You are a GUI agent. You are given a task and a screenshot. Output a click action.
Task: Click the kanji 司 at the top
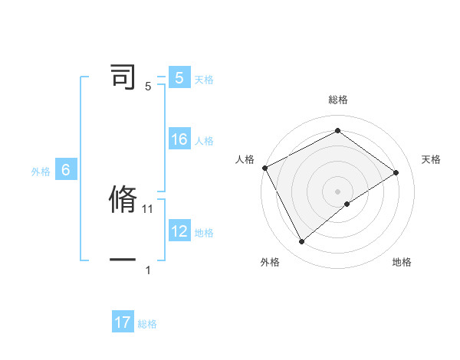click(x=123, y=77)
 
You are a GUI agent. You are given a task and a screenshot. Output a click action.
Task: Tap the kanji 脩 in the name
click(x=123, y=199)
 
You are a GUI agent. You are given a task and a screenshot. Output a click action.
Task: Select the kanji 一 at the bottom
click(x=123, y=260)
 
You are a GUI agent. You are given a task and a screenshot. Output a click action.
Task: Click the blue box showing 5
click(x=179, y=78)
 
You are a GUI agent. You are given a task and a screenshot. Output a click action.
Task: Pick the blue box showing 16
click(x=179, y=139)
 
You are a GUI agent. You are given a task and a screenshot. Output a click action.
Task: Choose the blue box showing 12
click(x=179, y=231)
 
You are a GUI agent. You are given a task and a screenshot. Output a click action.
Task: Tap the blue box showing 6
click(x=66, y=170)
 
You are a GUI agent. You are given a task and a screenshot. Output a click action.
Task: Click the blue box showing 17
click(x=123, y=322)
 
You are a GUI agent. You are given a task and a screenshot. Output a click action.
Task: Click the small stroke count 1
click(x=148, y=270)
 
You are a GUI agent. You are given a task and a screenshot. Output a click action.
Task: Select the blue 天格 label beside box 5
click(x=204, y=80)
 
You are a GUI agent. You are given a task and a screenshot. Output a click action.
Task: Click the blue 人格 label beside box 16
click(x=204, y=141)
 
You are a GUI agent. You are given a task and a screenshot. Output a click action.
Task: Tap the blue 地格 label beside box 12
click(x=204, y=232)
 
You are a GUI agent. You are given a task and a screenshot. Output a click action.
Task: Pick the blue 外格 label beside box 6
click(x=41, y=172)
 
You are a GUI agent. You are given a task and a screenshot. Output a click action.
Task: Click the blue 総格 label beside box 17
click(x=147, y=324)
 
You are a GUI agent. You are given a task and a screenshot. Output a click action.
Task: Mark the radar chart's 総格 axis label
click(x=337, y=100)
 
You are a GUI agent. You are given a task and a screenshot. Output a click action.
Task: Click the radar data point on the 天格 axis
click(x=396, y=172)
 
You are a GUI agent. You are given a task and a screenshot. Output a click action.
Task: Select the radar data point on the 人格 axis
click(x=264, y=167)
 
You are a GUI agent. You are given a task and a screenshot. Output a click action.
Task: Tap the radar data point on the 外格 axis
click(x=301, y=242)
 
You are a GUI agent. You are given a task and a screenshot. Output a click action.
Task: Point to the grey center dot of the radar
click(x=337, y=191)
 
